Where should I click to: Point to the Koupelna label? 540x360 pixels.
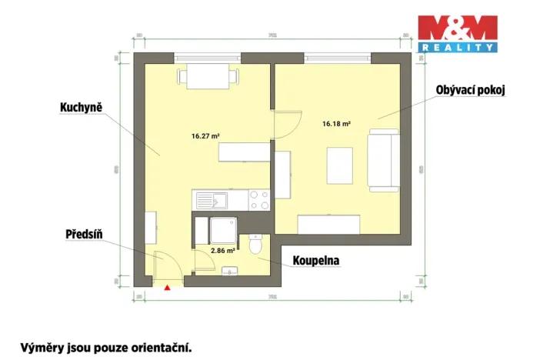tap(315, 261)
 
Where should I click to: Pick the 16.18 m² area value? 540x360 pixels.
tap(336, 123)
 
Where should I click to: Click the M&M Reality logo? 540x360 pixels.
tap(458, 33)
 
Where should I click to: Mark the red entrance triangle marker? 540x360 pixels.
tap(166, 288)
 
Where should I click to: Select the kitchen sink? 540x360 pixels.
tap(211, 202)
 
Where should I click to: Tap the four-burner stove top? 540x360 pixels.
tap(259, 202)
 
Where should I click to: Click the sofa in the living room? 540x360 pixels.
tap(384, 160)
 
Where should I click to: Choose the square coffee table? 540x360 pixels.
tap(341, 165)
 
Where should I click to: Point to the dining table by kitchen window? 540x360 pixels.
tap(204, 77)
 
